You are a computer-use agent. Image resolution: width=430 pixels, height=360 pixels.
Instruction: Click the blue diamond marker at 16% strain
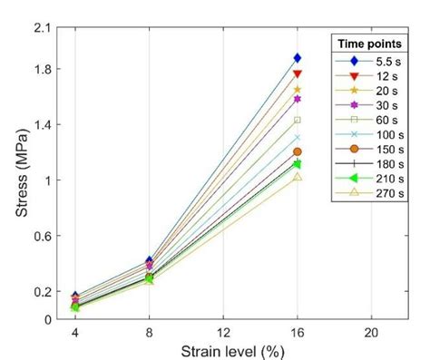click(297, 58)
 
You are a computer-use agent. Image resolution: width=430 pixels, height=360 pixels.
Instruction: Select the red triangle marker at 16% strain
click(297, 74)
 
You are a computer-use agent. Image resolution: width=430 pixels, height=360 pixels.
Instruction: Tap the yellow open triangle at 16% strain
click(297, 177)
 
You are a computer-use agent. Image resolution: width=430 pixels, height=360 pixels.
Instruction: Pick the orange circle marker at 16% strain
click(297, 151)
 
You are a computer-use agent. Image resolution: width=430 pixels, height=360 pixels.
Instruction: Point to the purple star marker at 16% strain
click(297, 98)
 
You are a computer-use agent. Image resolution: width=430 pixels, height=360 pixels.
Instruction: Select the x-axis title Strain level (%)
click(221, 350)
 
